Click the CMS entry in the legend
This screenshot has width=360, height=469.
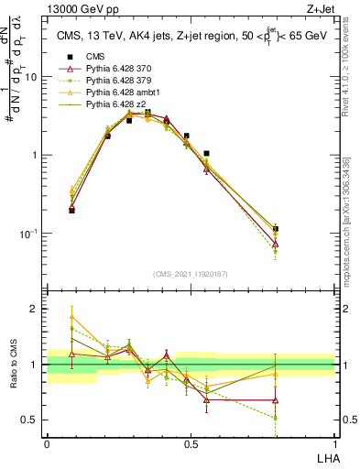(95, 56)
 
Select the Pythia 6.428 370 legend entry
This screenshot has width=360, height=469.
(115, 69)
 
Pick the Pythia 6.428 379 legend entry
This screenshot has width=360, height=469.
(115, 81)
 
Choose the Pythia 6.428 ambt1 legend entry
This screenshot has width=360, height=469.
(117, 93)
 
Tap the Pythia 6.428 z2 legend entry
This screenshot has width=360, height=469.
(112, 104)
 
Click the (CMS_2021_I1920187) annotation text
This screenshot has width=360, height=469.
(190, 272)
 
